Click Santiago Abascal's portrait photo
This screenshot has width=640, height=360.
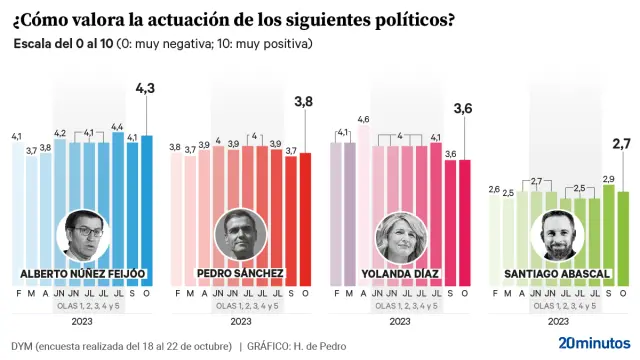(x=559, y=237)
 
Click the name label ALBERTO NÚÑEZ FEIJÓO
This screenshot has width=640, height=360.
(x=83, y=273)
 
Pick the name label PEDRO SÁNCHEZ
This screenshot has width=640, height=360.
(x=241, y=273)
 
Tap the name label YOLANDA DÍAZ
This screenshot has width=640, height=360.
(x=400, y=273)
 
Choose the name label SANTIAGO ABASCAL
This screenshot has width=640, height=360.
(x=558, y=273)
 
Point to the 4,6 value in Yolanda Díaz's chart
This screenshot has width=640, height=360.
(x=363, y=120)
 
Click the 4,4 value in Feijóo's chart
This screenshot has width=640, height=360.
(x=116, y=126)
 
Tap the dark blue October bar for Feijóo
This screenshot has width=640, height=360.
(x=147, y=210)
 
